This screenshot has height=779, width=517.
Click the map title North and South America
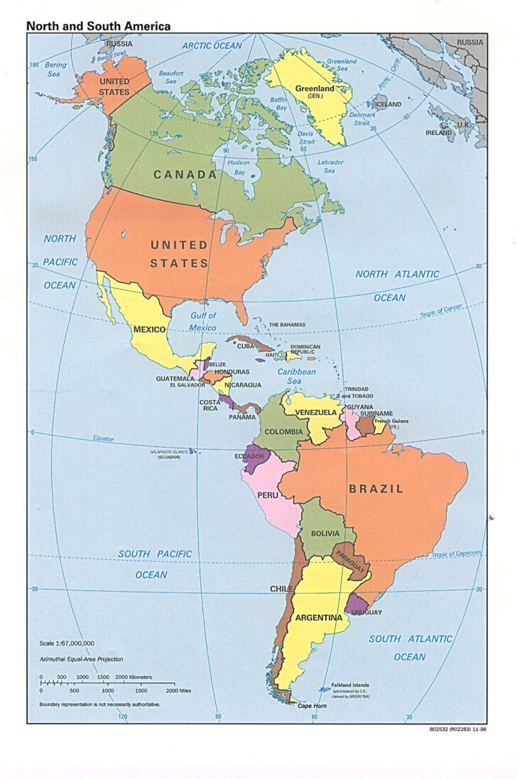click(98, 26)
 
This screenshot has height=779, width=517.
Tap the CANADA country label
click(185, 175)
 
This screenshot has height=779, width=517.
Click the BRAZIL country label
click(376, 489)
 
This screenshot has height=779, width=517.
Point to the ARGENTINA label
click(319, 617)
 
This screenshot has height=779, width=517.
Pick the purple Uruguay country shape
click(354, 604)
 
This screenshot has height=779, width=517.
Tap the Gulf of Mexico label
click(202, 321)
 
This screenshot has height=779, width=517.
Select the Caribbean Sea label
click(296, 376)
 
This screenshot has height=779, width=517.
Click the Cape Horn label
click(312, 706)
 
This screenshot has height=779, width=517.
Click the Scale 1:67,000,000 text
click(68, 643)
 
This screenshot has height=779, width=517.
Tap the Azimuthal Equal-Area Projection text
click(81, 660)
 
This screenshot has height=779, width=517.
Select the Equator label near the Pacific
click(103, 438)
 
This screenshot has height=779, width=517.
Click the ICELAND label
click(388, 104)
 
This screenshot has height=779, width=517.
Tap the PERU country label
click(267, 494)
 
